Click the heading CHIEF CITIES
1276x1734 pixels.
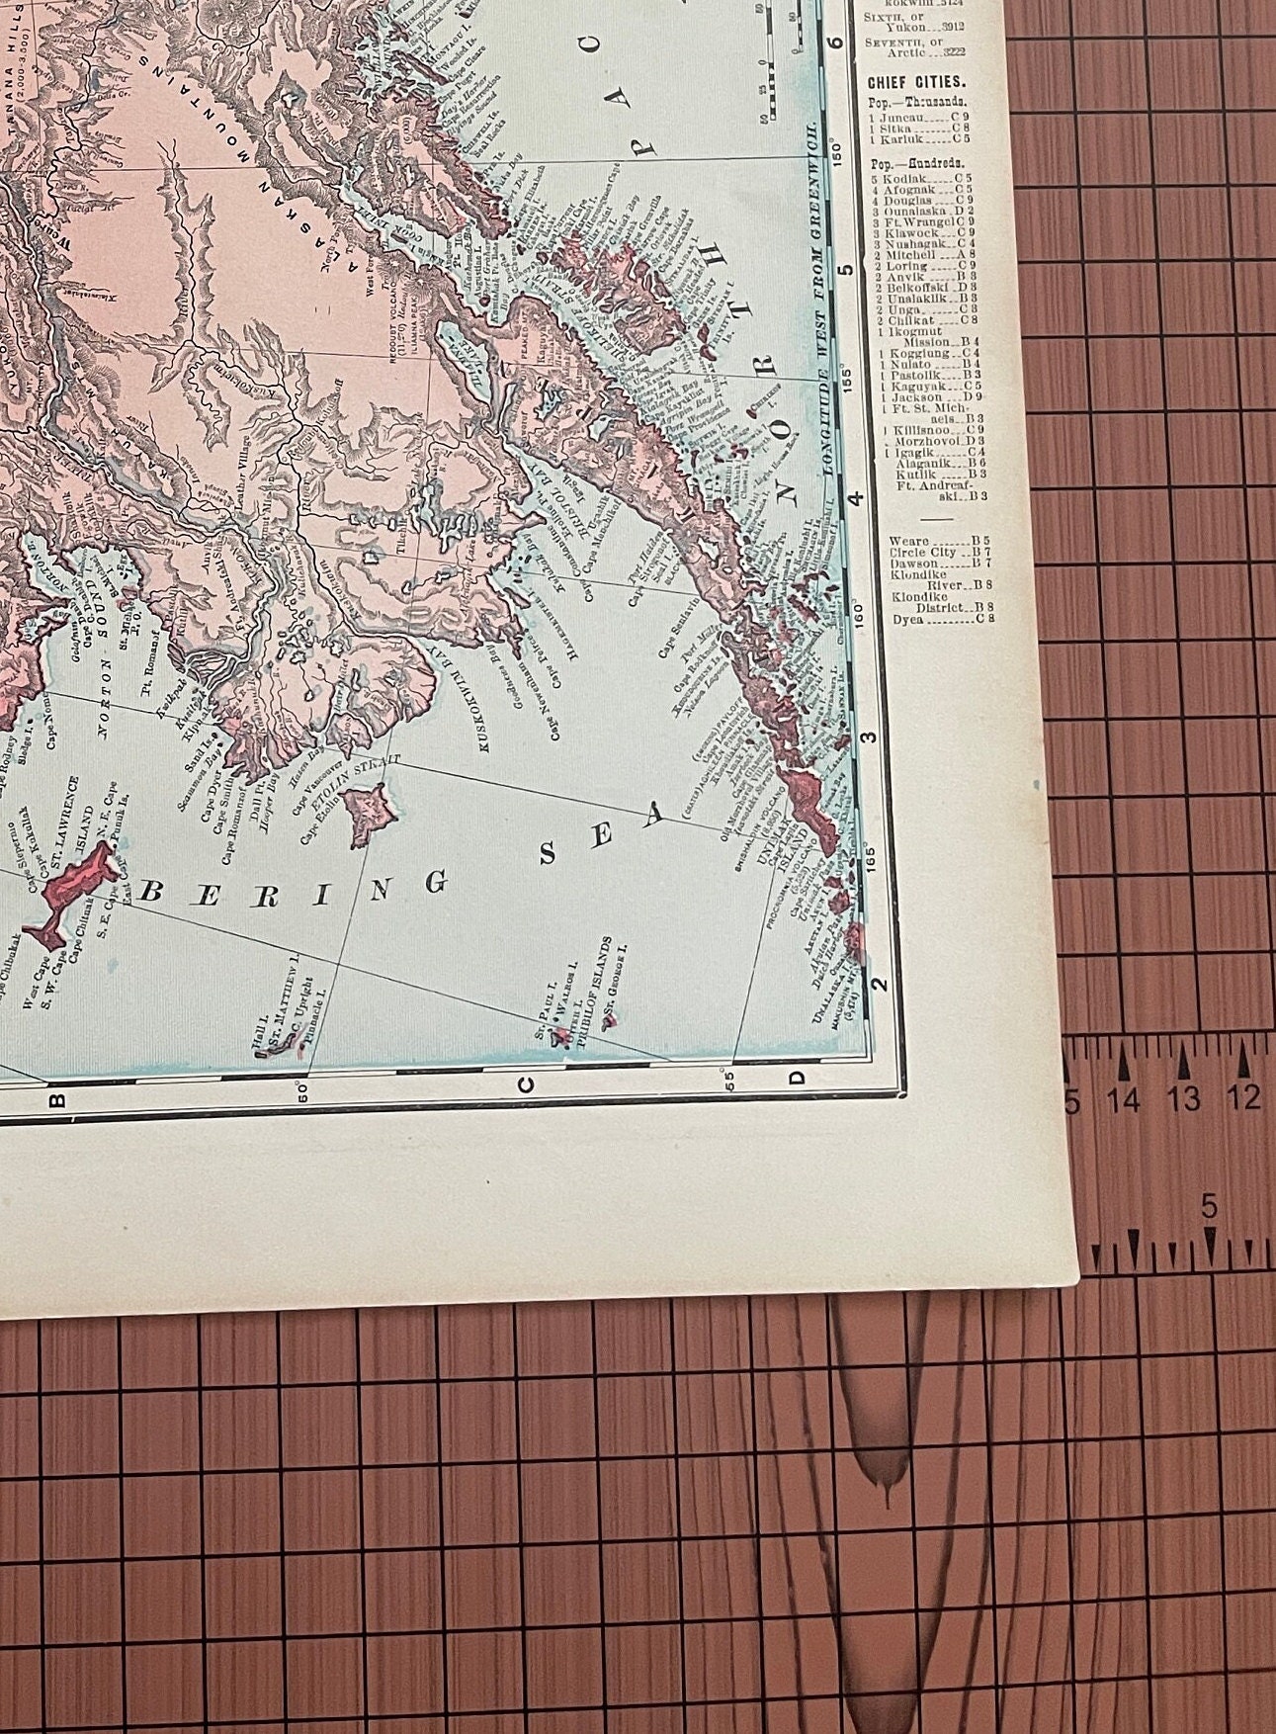tap(916, 83)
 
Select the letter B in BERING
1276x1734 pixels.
tap(154, 893)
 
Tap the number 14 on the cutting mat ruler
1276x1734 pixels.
tap(1124, 1097)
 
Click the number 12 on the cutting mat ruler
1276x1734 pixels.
tap(1244, 1097)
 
